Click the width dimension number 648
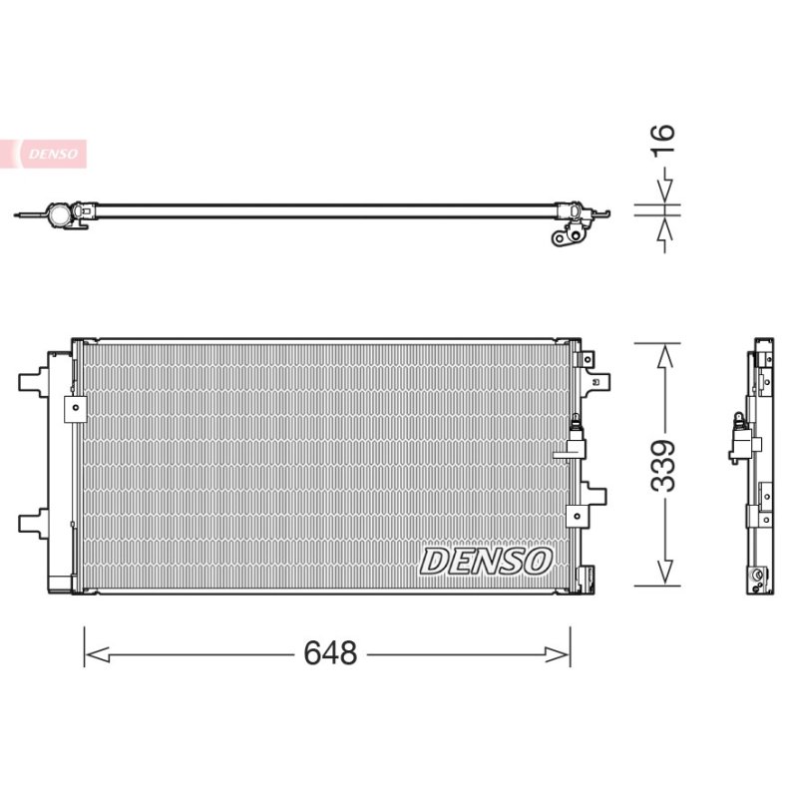(x=330, y=653)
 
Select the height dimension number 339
(x=663, y=466)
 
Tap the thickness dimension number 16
(x=663, y=139)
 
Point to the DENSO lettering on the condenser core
(x=486, y=562)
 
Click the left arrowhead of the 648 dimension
(x=97, y=654)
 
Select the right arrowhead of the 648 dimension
(x=558, y=654)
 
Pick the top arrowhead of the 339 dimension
(x=664, y=356)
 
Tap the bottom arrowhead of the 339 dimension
(x=664, y=572)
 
